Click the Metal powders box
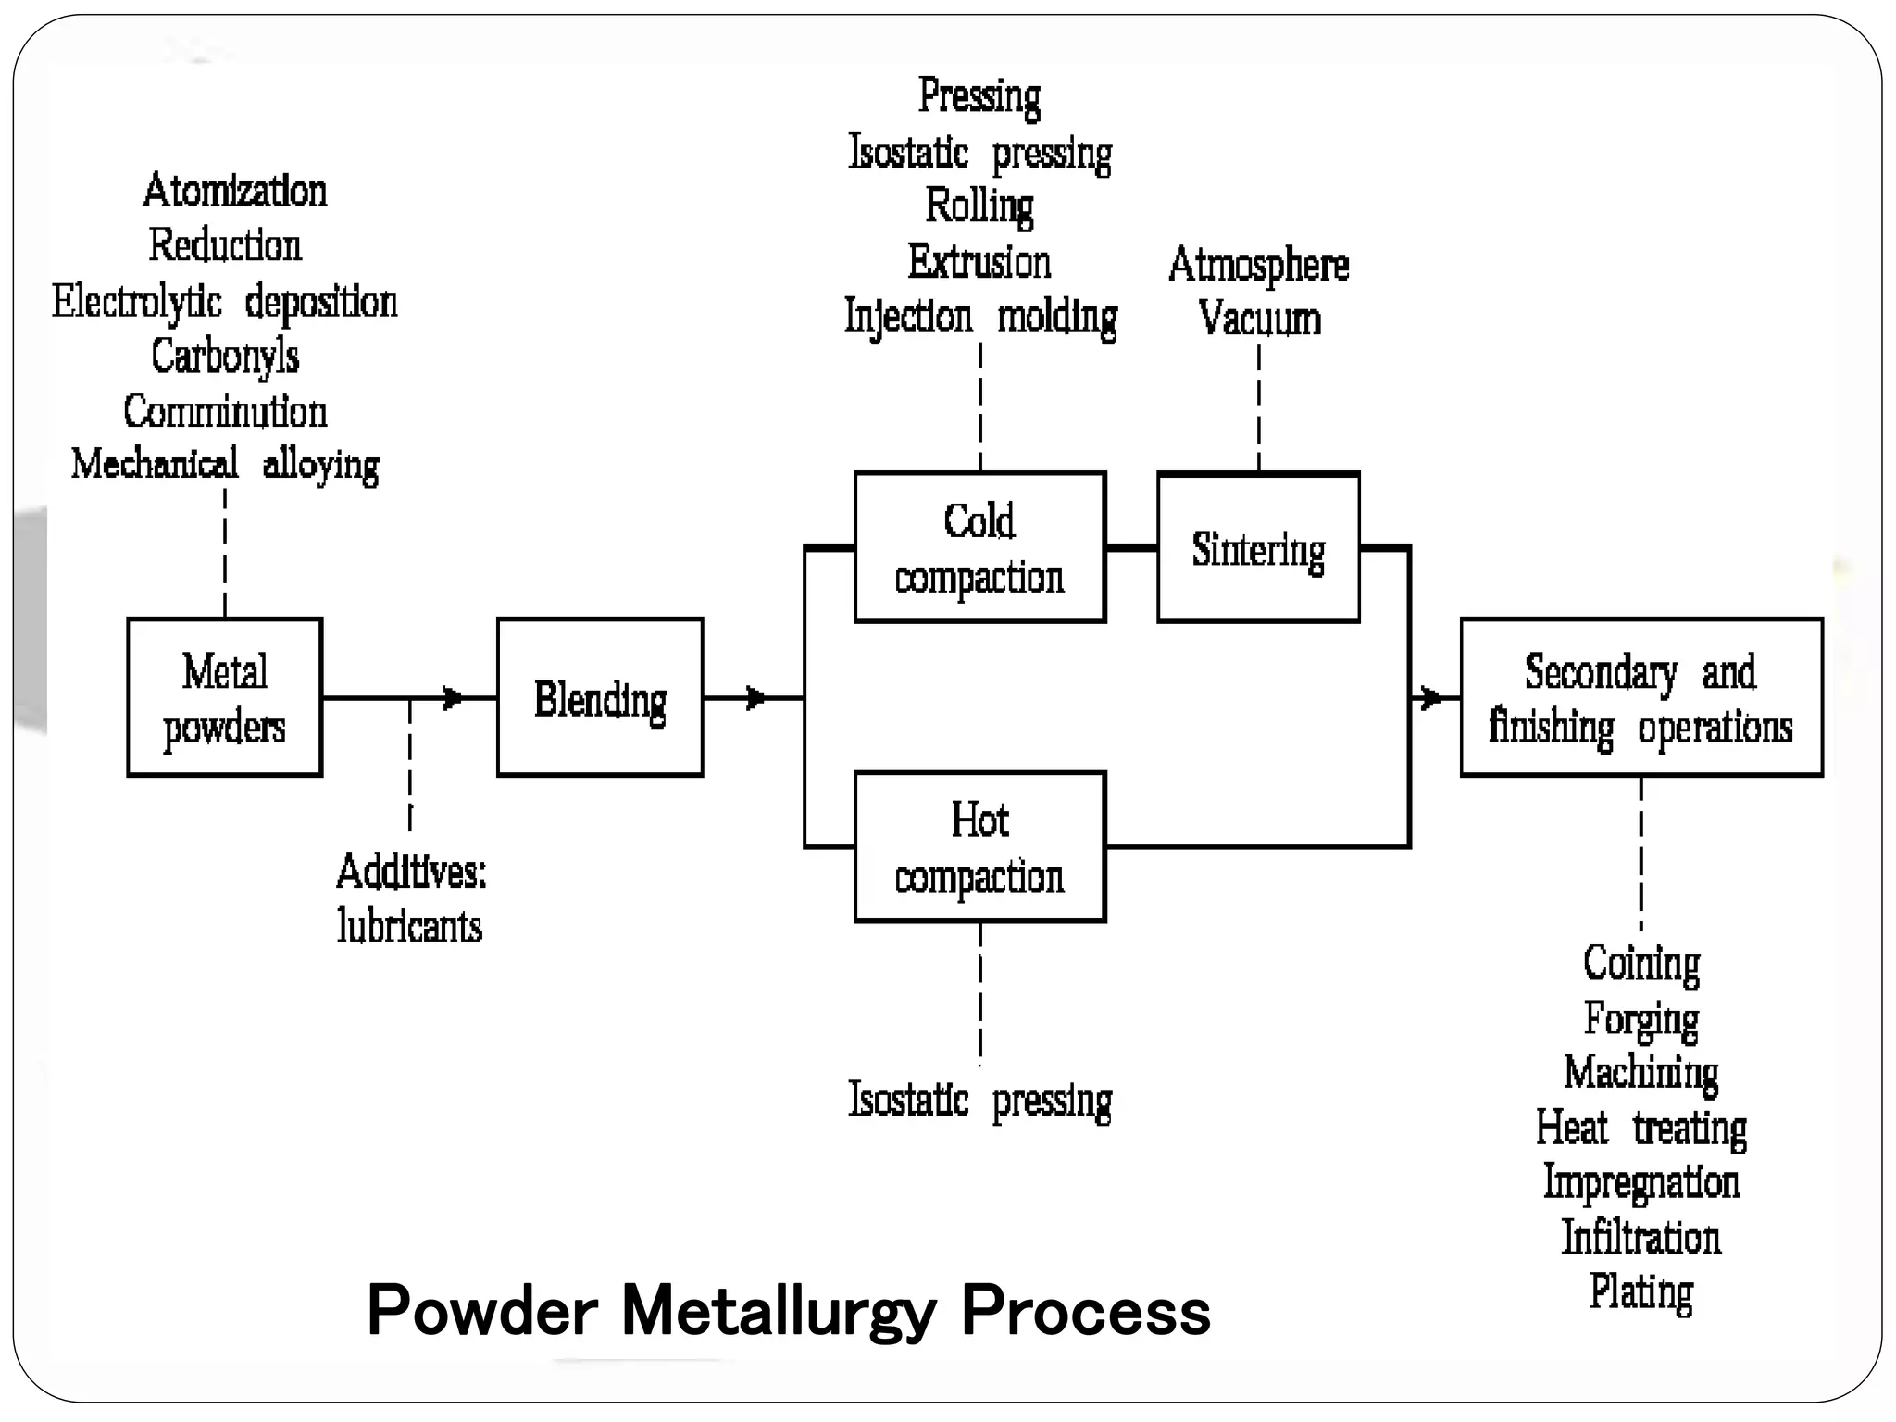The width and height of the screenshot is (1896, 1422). click(224, 697)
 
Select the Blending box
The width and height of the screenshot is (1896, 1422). click(600, 697)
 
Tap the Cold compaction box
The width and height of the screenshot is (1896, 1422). click(979, 547)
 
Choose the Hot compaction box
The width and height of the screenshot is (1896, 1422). click(979, 846)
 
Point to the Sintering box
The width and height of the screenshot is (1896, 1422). click(1258, 548)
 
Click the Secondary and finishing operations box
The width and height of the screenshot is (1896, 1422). click(1640, 697)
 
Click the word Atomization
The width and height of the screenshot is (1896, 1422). click(234, 191)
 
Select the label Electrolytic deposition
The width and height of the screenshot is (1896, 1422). click(224, 302)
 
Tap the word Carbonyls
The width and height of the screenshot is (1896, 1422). click(225, 356)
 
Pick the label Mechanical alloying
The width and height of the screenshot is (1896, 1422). click(225, 464)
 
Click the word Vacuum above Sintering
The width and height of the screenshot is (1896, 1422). click(1259, 318)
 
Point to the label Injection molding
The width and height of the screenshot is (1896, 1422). click(979, 317)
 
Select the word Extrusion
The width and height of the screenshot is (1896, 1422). click(979, 262)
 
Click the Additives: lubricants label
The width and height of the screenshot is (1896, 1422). click(410, 898)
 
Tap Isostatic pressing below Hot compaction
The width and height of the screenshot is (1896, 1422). click(979, 1100)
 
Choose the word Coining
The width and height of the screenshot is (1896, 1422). click(1640, 963)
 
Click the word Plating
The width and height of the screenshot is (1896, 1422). click(1640, 1291)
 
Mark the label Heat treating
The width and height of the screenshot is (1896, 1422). click(1640, 1128)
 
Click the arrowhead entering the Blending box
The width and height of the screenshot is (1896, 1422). click(453, 697)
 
